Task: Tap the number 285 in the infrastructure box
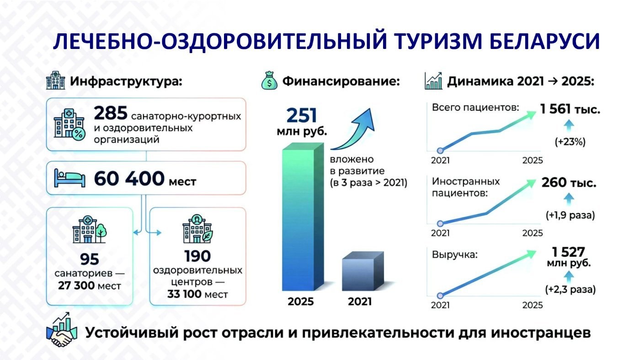tap(111, 113)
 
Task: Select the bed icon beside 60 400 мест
tap(69, 178)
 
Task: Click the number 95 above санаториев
tap(90, 259)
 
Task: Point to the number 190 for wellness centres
tap(197, 256)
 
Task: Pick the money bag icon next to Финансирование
tap(269, 81)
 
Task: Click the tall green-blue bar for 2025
tap(303, 217)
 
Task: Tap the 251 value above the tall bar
tap(302, 116)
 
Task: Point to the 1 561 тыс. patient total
tap(570, 109)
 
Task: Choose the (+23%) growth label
tap(570, 142)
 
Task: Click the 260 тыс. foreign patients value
tap(569, 183)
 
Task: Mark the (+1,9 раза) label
tap(570, 215)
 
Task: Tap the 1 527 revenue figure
tap(569, 252)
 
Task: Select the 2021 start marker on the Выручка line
tap(440, 296)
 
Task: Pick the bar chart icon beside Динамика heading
tap(433, 81)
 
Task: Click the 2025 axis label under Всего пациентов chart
tap(533, 161)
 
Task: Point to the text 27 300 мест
tap(90, 285)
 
